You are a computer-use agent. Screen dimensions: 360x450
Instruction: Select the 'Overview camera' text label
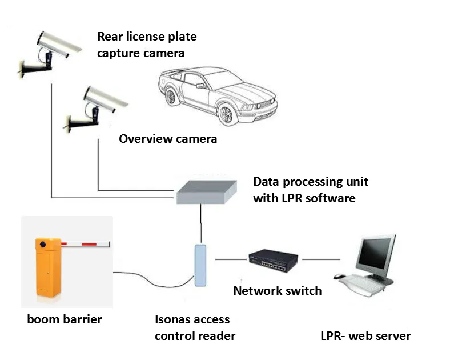tap(168, 139)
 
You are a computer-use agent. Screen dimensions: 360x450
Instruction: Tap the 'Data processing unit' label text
tap(311, 182)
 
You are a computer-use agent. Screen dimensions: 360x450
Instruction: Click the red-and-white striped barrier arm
tap(86, 245)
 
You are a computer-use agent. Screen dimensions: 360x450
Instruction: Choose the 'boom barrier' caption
tap(65, 319)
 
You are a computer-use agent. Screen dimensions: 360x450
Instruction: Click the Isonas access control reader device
tap(200, 265)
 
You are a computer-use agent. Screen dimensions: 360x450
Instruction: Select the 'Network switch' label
tap(278, 291)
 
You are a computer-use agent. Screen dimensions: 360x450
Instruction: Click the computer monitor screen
tap(375, 251)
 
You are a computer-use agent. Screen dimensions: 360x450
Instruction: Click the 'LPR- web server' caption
tap(365, 336)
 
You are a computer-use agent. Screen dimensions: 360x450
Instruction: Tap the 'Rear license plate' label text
tap(147, 37)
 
